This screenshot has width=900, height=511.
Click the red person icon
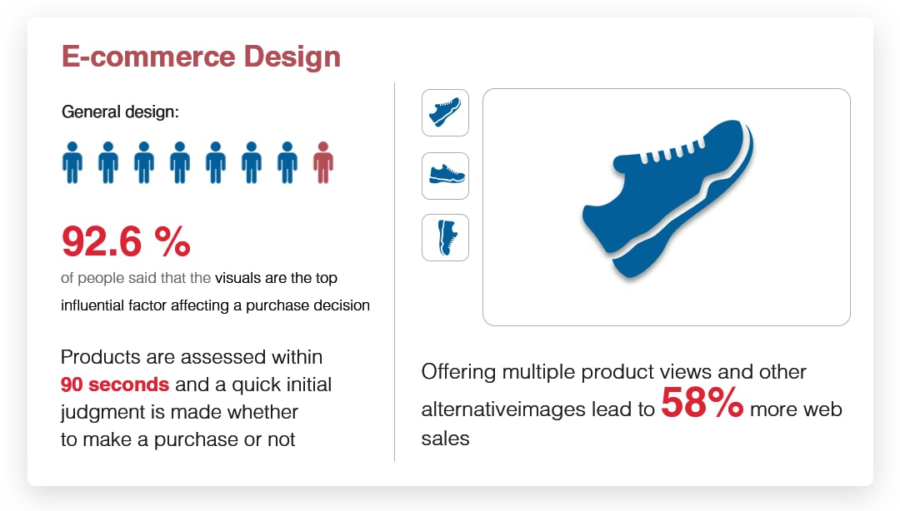click(323, 163)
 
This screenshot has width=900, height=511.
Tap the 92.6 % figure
click(126, 241)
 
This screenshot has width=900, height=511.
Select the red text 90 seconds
click(115, 384)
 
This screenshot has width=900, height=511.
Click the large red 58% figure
click(702, 403)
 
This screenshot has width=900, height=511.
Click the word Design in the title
click(292, 57)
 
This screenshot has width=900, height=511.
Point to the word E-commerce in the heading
click(148, 57)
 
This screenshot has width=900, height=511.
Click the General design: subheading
click(121, 112)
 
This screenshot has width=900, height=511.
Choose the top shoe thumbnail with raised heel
click(445, 112)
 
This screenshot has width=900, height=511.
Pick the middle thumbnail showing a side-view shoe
click(445, 176)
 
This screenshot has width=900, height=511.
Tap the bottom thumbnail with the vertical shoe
click(445, 237)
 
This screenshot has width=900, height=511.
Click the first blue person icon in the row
click(72, 163)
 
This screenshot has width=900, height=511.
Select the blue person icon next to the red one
click(287, 163)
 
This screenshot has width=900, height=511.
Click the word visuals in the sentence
click(237, 278)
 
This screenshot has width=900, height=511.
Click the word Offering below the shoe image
click(458, 372)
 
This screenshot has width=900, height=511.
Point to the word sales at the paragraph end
click(445, 439)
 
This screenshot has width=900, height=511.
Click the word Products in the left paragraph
click(101, 357)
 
